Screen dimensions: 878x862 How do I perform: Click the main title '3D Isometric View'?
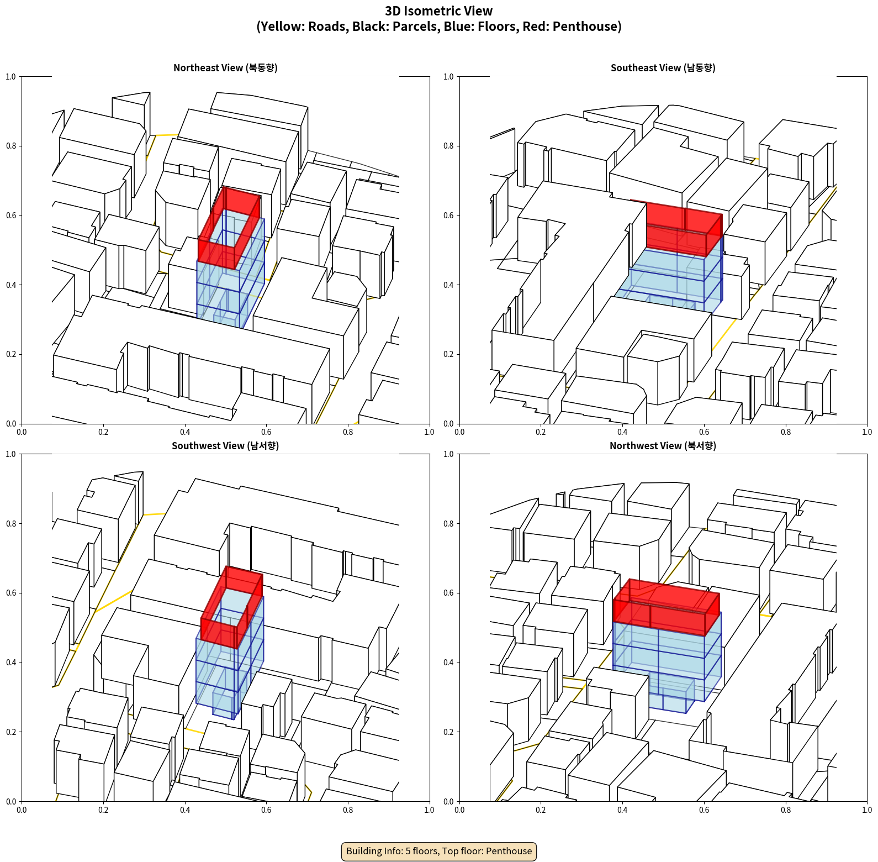(438, 11)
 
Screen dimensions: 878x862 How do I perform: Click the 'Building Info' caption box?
(439, 851)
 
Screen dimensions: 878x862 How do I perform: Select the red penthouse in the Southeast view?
(685, 228)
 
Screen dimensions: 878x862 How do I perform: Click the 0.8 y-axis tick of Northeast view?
(11, 146)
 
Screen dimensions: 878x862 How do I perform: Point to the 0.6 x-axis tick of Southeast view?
(704, 432)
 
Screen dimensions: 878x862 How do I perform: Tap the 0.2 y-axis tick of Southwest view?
(11, 732)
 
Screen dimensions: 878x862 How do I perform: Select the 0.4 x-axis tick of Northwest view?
(622, 810)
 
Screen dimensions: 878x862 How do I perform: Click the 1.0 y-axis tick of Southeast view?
(448, 77)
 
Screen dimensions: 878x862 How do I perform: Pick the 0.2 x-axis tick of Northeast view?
(103, 432)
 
